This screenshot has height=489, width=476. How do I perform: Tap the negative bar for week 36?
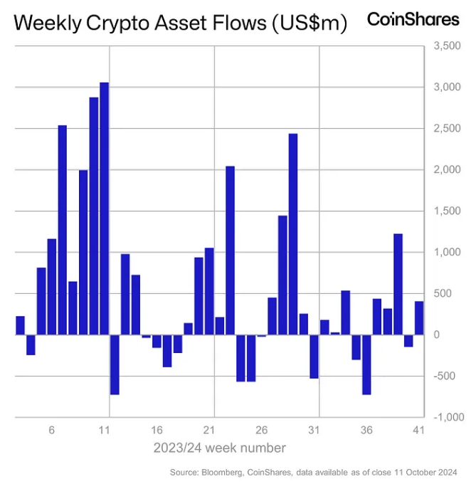point(366,364)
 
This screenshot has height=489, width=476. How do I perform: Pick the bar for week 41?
point(419,317)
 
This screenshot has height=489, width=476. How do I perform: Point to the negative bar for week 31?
point(314,356)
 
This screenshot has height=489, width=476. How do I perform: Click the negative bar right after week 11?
point(115,364)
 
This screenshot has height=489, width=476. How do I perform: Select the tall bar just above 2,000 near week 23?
point(230,250)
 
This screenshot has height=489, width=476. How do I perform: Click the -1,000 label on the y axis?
point(446,417)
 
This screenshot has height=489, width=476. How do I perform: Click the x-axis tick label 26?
point(262,431)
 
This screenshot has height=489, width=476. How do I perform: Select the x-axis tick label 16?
point(157,431)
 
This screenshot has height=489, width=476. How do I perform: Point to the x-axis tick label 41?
point(418,431)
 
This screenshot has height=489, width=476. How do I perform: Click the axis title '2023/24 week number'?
point(219,448)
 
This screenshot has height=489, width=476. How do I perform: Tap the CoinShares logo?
point(413,20)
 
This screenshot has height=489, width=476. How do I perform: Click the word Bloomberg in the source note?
point(223,472)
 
